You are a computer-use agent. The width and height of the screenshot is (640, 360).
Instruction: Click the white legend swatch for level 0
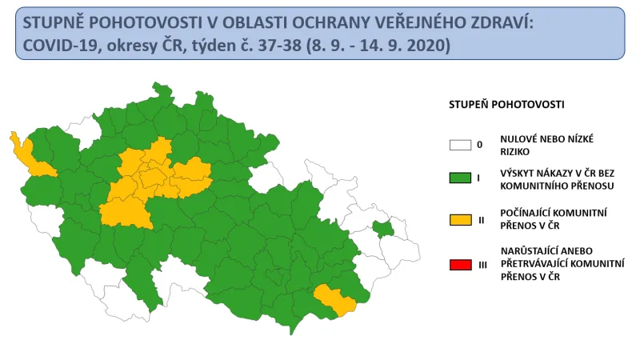click(x=460, y=145)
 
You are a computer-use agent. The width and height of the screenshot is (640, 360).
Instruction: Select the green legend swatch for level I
click(x=460, y=178)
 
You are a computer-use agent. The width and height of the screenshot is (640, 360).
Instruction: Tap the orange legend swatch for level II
click(x=460, y=219)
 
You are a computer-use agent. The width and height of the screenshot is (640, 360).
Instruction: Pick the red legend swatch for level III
click(x=460, y=263)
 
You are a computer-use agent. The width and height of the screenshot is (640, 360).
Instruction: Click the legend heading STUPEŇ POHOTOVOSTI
click(x=506, y=105)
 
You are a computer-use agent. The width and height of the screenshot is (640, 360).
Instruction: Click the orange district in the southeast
click(x=335, y=298)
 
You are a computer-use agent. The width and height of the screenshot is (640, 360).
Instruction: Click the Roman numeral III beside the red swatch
click(x=482, y=263)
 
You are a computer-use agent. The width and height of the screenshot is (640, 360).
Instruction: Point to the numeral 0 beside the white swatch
click(x=479, y=145)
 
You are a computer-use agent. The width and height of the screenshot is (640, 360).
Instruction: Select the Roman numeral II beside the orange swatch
click(x=481, y=219)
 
